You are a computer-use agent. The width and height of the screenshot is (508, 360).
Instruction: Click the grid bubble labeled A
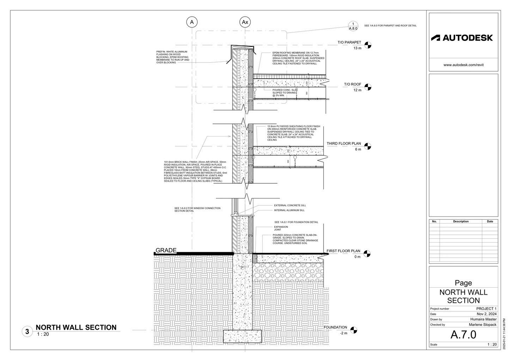192,22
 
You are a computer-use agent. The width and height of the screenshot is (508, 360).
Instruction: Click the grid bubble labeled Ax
245,22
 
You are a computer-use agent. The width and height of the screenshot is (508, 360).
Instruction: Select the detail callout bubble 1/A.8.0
353,26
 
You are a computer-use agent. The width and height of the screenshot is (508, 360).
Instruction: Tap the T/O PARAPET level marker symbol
368,45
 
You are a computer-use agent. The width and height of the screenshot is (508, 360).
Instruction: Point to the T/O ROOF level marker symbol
368,87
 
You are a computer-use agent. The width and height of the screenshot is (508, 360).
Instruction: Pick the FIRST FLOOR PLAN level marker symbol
367,254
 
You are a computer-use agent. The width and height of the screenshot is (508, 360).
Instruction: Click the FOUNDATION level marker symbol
354,330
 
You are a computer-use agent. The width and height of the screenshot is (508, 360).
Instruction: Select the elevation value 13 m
357,48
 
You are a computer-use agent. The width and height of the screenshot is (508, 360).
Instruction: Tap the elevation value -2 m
343,333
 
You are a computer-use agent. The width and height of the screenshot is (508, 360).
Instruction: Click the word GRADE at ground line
166,250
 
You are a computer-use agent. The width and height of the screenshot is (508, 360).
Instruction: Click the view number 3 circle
27,332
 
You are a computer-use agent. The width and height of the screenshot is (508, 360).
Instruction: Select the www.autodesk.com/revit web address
463,65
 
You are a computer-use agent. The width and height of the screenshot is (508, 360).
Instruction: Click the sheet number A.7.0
463,335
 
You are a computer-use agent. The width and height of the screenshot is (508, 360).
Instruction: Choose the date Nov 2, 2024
486,314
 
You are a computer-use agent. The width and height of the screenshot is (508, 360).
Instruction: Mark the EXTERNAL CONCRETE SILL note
290,205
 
